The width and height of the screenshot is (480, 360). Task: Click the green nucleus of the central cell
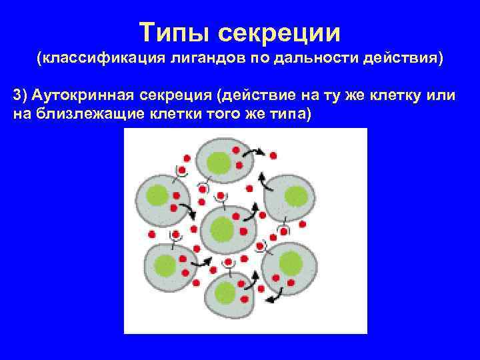pyautogui.click(x=222, y=229)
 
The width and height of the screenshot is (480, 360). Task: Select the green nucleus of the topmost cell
pyautogui.click(x=217, y=162)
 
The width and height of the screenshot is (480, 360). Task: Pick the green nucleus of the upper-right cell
pyautogui.click(x=296, y=195)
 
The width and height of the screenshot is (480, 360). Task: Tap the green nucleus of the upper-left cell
pyautogui.click(x=157, y=195)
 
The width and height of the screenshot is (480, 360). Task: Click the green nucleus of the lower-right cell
pyautogui.click(x=291, y=263)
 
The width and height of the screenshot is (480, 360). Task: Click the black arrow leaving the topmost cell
pyautogui.click(x=252, y=153)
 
